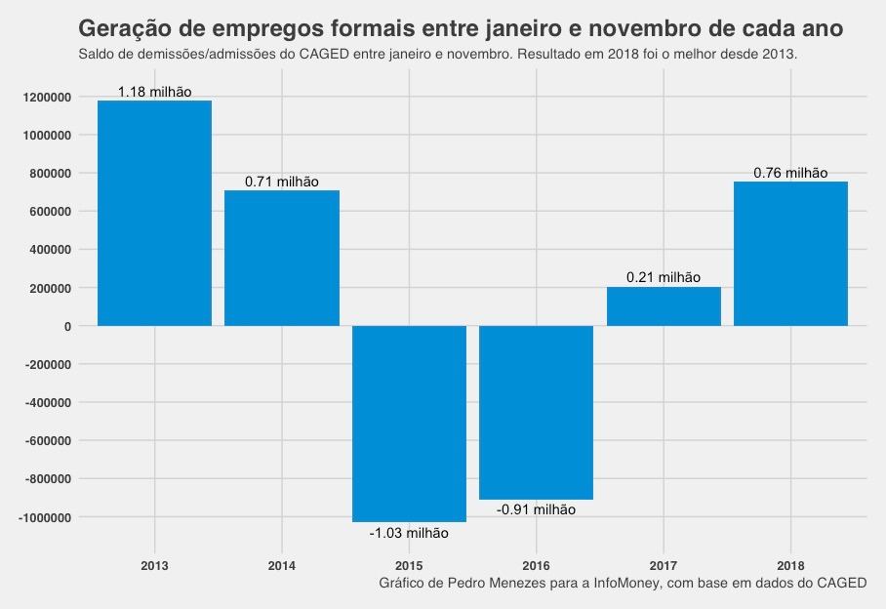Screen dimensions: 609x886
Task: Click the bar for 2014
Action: click(x=282, y=258)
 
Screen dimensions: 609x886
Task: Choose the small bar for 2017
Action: click(x=664, y=306)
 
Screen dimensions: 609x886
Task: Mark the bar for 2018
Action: click(x=790, y=254)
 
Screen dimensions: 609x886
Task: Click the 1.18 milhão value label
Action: click(x=154, y=93)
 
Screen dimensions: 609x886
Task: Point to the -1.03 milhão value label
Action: click(x=409, y=533)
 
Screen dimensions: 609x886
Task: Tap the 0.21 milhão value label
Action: click(x=664, y=278)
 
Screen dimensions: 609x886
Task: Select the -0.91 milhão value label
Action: click(x=536, y=509)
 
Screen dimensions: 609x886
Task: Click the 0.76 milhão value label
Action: click(x=790, y=173)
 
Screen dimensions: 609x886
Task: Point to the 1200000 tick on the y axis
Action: click(x=49, y=97)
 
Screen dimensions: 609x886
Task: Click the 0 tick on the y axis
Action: click(x=67, y=326)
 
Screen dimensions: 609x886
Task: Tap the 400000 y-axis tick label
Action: click(x=52, y=250)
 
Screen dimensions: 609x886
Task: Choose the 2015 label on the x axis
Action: click(x=409, y=565)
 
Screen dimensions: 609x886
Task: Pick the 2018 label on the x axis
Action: click(x=790, y=565)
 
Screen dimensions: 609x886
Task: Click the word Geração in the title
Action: click(x=121, y=27)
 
